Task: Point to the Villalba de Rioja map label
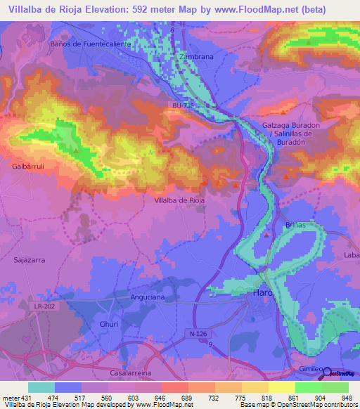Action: [x=179, y=200]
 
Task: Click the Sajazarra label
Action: [x=30, y=259]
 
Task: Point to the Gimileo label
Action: [x=309, y=369]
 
